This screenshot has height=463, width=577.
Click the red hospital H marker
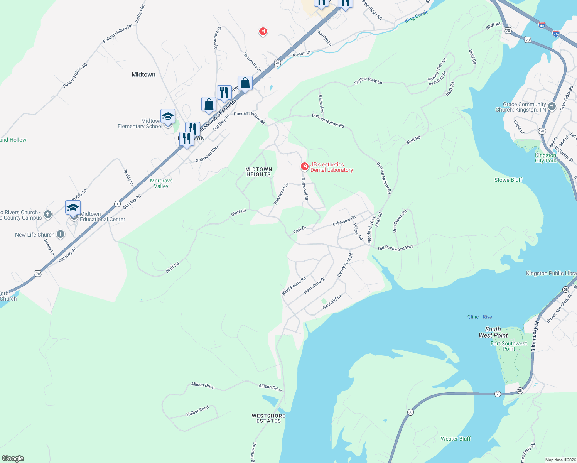click(263, 31)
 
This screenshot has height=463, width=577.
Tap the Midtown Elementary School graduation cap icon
click(168, 116)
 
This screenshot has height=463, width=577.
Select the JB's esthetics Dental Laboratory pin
click(305, 167)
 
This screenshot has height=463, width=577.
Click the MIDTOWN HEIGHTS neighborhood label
click(259, 172)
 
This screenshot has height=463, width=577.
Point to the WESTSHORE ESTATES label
click(268, 419)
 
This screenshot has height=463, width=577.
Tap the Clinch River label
click(480, 317)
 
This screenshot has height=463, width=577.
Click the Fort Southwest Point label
click(508, 346)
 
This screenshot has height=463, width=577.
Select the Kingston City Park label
click(545, 158)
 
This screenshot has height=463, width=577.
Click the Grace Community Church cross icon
click(552, 106)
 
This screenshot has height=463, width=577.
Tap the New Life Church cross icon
click(61, 234)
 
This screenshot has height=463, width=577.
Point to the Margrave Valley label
click(161, 183)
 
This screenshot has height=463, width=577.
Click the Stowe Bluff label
click(508, 180)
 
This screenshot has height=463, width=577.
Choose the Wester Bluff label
click(456, 439)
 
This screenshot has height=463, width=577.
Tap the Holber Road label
click(197, 411)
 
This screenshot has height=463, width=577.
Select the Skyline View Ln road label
click(368, 81)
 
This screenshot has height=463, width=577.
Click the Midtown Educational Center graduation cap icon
click(73, 208)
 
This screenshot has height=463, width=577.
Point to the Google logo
click(13, 458)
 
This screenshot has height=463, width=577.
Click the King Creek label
click(416, 16)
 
